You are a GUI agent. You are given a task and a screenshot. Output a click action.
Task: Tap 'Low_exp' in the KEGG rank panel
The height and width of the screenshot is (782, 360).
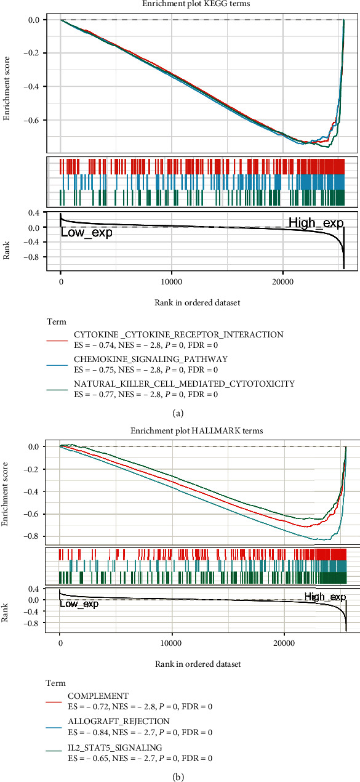[x=86, y=233]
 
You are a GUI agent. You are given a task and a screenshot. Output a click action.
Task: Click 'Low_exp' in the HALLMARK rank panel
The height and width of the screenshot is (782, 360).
[x=79, y=603]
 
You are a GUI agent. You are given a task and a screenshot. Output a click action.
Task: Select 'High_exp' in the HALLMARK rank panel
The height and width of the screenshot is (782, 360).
[x=325, y=597]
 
